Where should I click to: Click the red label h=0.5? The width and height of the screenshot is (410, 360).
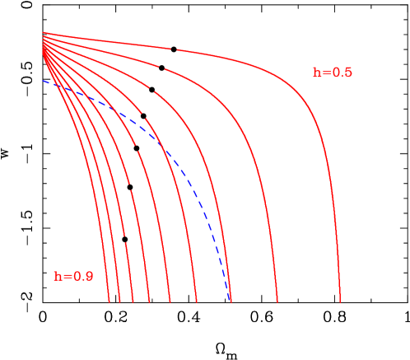point(332,72)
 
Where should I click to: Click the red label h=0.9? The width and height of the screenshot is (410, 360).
point(73,277)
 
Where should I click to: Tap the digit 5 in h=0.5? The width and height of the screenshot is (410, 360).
point(348,72)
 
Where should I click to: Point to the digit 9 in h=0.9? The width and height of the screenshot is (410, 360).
point(89,277)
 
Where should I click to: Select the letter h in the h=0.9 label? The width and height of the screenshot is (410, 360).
point(58,277)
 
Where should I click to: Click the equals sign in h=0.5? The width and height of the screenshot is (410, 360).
point(326,72)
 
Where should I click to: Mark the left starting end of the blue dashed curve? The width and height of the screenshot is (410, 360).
point(44,81)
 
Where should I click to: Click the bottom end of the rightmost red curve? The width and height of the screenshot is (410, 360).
point(339,302)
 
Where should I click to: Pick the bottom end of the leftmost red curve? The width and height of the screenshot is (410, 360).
point(109,302)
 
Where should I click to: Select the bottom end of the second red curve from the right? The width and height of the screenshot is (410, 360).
point(277,302)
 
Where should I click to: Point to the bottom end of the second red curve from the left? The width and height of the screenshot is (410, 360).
point(120,302)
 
